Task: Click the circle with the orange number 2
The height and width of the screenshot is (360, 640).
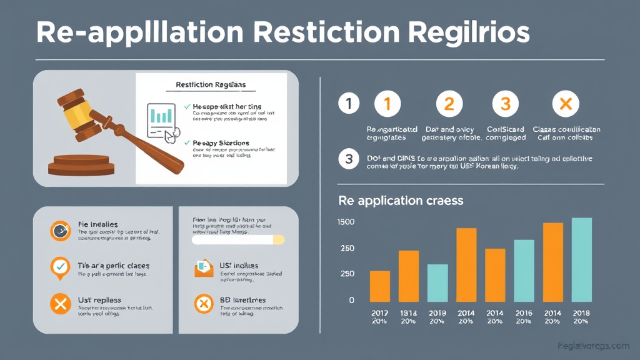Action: [449, 104]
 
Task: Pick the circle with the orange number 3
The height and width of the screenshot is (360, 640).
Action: [506, 104]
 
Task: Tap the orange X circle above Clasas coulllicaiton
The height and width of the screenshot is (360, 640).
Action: [566, 104]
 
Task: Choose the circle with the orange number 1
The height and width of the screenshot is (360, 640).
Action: [386, 104]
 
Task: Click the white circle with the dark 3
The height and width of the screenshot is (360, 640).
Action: [348, 159]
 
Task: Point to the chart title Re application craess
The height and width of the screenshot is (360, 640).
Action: [401, 201]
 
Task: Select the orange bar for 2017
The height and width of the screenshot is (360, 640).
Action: [380, 286]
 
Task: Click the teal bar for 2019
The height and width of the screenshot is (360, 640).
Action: [437, 283]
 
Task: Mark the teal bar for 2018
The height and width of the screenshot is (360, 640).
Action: [582, 259]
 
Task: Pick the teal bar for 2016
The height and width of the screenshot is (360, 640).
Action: [524, 271]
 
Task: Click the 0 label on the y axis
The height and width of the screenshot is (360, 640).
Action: [351, 300]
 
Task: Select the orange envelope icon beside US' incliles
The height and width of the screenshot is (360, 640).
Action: [204, 269]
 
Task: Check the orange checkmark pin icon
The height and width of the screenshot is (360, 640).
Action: [60, 267]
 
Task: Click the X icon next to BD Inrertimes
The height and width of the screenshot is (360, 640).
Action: [204, 304]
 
